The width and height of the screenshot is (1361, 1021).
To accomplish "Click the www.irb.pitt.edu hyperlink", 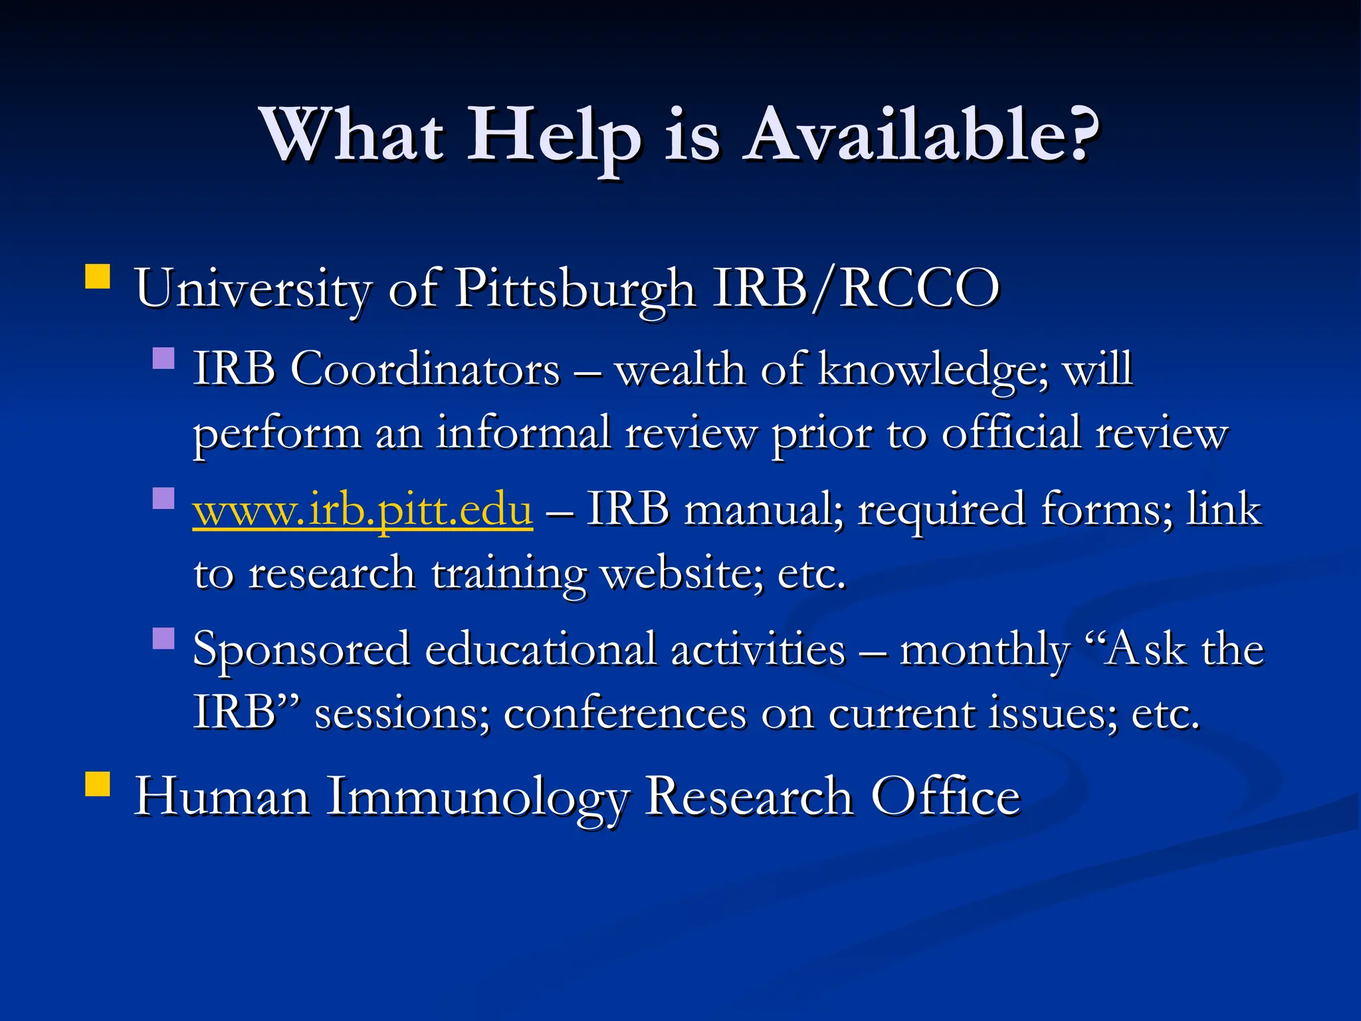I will pyautogui.click(x=363, y=510).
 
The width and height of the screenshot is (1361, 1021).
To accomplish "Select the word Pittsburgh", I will pyautogui.click(x=575, y=289).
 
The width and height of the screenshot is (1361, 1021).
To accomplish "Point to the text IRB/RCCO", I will pyautogui.click(x=856, y=288).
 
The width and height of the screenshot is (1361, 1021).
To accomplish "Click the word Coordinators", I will pyautogui.click(x=425, y=369).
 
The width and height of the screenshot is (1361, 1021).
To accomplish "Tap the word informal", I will pyautogui.click(x=523, y=433).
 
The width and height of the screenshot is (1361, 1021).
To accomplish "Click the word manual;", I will pyautogui.click(x=764, y=510).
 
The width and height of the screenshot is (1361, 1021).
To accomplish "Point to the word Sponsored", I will pyautogui.click(x=301, y=649).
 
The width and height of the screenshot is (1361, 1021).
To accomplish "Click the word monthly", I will pyautogui.click(x=984, y=649).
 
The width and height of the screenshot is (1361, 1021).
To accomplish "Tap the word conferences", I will pyautogui.click(x=625, y=714).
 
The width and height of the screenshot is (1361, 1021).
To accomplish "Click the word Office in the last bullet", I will pyautogui.click(x=945, y=796).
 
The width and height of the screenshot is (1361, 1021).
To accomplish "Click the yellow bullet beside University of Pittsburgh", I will pyautogui.click(x=98, y=277).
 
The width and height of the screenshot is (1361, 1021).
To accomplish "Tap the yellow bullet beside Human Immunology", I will pyautogui.click(x=98, y=784).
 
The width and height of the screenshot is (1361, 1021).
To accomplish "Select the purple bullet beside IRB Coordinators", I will pyautogui.click(x=163, y=359).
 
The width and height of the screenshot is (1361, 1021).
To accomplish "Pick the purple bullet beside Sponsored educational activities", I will pyautogui.click(x=163, y=639).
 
